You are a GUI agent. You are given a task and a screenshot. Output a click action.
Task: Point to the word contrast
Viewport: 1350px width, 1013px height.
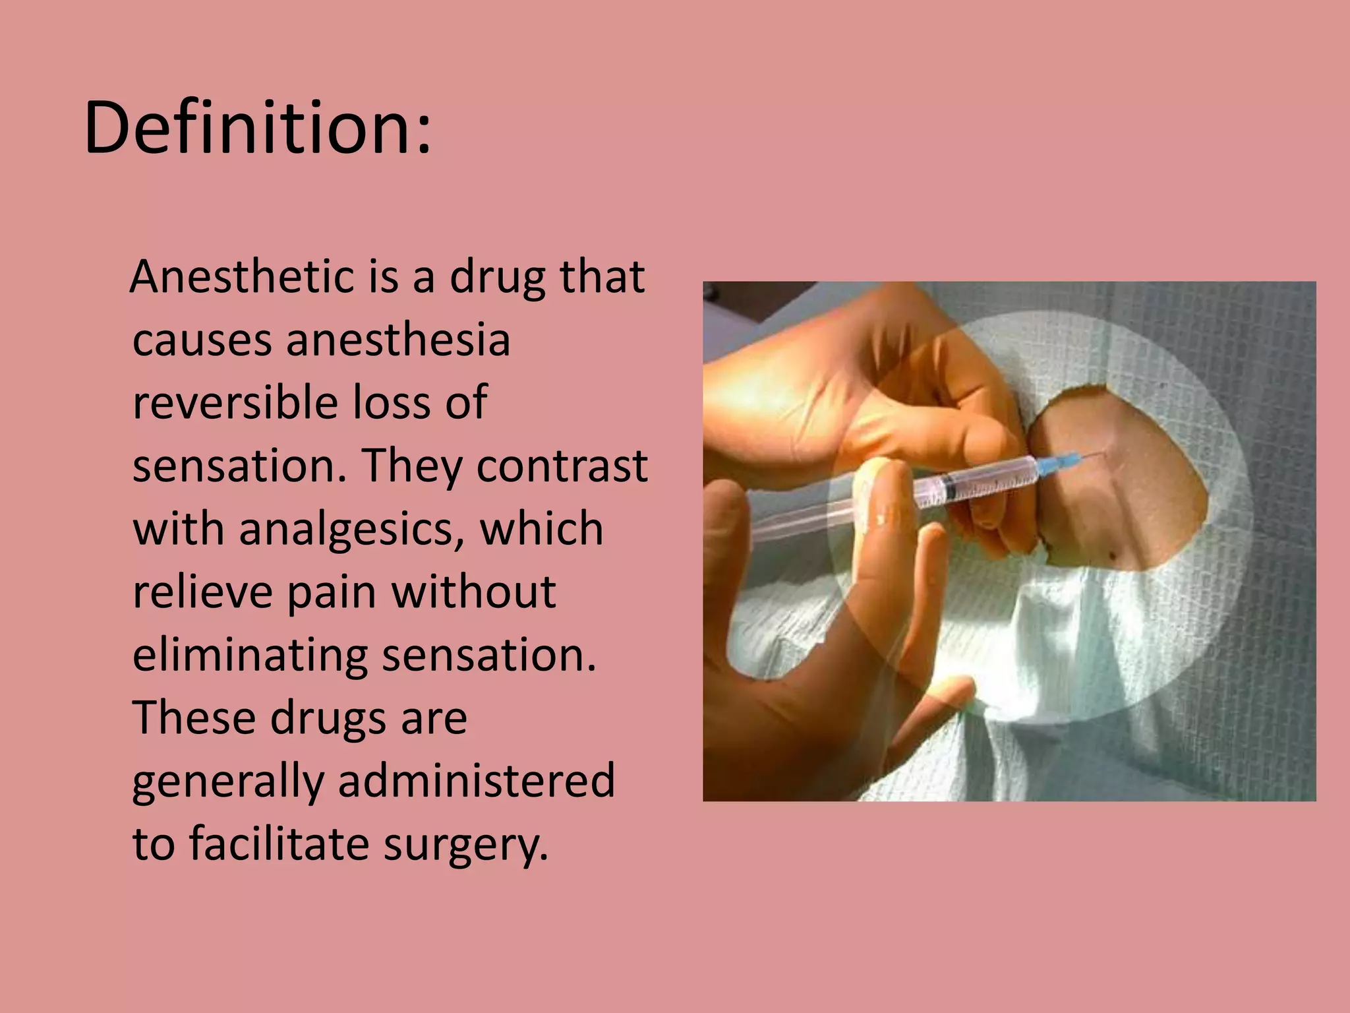point(562,466)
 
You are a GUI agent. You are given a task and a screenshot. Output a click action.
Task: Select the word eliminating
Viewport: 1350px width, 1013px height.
point(250,655)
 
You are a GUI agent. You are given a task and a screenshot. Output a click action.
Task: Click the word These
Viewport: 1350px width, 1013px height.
point(194,718)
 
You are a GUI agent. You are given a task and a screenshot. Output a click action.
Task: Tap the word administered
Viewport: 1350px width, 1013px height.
point(476,781)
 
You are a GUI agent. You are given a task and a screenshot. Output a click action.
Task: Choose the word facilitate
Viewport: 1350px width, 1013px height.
point(279,844)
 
